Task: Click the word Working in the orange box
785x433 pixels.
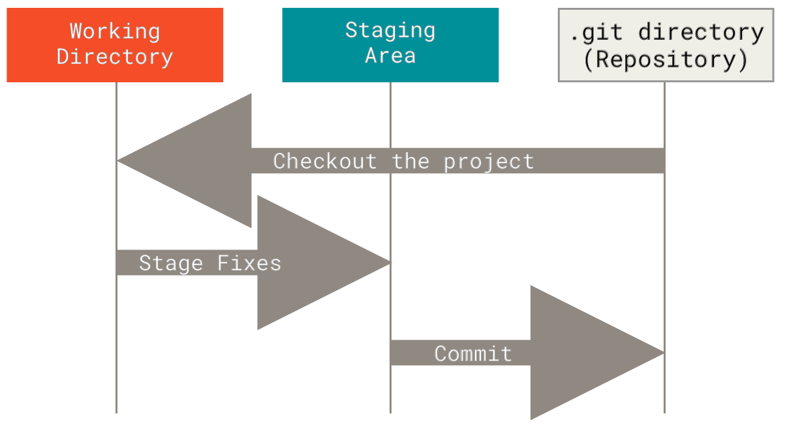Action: tap(115, 32)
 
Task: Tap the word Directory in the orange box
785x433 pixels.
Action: tap(115, 57)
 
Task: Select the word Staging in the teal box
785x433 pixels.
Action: tap(390, 31)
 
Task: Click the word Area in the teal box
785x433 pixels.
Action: tap(390, 56)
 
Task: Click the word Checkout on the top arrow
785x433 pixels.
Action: tap(325, 161)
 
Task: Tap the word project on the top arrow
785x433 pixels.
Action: tap(489, 163)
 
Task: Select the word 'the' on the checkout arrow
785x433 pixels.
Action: tap(410, 161)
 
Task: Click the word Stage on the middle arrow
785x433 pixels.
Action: tap(171, 263)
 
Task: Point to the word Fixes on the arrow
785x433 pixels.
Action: tap(249, 263)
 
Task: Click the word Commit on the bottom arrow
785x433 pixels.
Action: tap(473, 353)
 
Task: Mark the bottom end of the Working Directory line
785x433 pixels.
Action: tap(116, 413)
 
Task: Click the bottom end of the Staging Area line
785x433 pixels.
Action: tap(390, 413)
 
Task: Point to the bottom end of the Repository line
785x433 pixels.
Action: tap(664, 413)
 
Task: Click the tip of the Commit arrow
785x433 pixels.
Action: tap(664, 353)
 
